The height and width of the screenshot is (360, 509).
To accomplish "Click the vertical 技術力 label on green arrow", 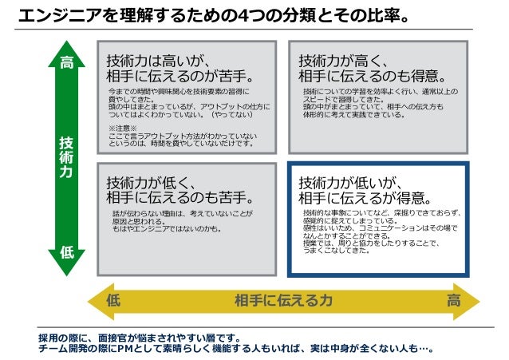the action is tap(67, 156).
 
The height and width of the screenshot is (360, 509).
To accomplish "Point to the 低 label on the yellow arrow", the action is tap(112, 300).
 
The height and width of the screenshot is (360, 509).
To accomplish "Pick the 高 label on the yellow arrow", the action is tap(453, 300).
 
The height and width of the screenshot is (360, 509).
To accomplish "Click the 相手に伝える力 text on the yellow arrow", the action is tap(283, 300).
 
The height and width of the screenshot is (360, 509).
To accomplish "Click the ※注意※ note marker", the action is tap(122, 128).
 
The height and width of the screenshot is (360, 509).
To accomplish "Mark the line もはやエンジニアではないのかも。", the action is tap(166, 229).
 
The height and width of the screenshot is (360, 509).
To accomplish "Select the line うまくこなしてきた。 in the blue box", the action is tap(336, 251).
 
